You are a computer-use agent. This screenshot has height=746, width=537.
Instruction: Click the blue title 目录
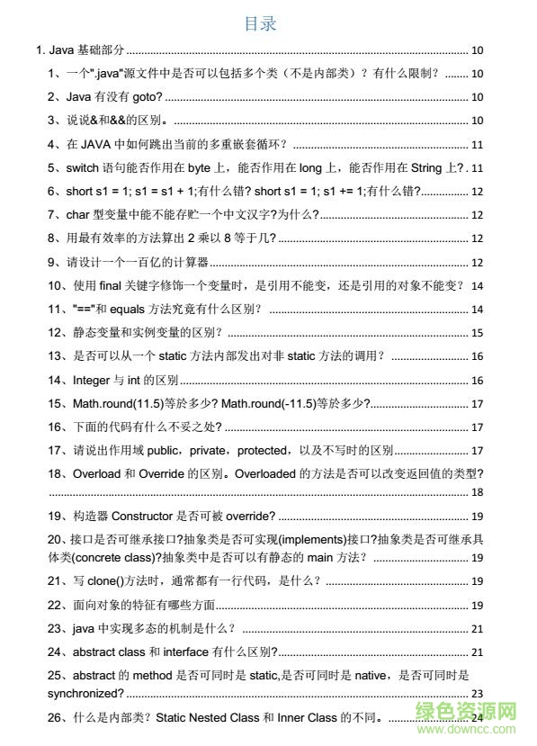(x=260, y=24)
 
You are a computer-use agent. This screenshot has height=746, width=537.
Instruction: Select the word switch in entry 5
(x=84, y=167)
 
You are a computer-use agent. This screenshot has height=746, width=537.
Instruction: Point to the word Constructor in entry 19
(x=147, y=516)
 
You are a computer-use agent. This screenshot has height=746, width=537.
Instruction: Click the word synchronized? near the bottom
(x=85, y=694)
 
